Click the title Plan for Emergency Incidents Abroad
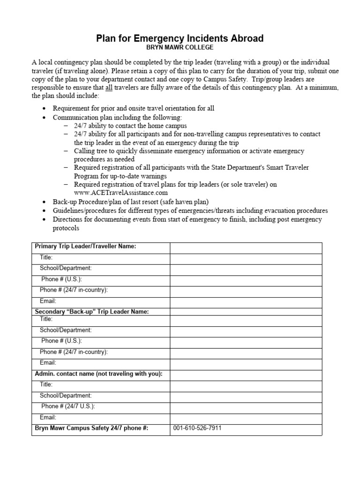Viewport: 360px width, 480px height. coord(180,38)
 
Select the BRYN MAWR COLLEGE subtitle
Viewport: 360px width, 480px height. coord(180,47)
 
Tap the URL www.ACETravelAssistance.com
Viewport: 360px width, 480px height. coord(120,193)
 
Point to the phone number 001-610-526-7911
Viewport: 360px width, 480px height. coord(197,428)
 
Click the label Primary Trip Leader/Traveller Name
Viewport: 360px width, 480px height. coord(86,247)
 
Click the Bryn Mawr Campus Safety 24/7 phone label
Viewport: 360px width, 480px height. coord(92,428)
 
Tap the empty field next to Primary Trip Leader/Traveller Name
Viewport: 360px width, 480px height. coord(246,247)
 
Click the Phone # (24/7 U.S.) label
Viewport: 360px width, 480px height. coord(68,406)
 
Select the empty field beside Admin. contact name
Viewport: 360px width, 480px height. coord(246,374)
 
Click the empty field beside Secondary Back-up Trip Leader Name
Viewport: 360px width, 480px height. coord(246,312)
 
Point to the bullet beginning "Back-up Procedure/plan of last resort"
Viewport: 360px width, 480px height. coord(130,202)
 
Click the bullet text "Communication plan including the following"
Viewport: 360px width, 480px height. coord(117,117)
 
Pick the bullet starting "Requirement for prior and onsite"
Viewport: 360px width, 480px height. coord(133,109)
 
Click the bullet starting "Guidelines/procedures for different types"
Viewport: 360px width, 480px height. coord(190,210)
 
